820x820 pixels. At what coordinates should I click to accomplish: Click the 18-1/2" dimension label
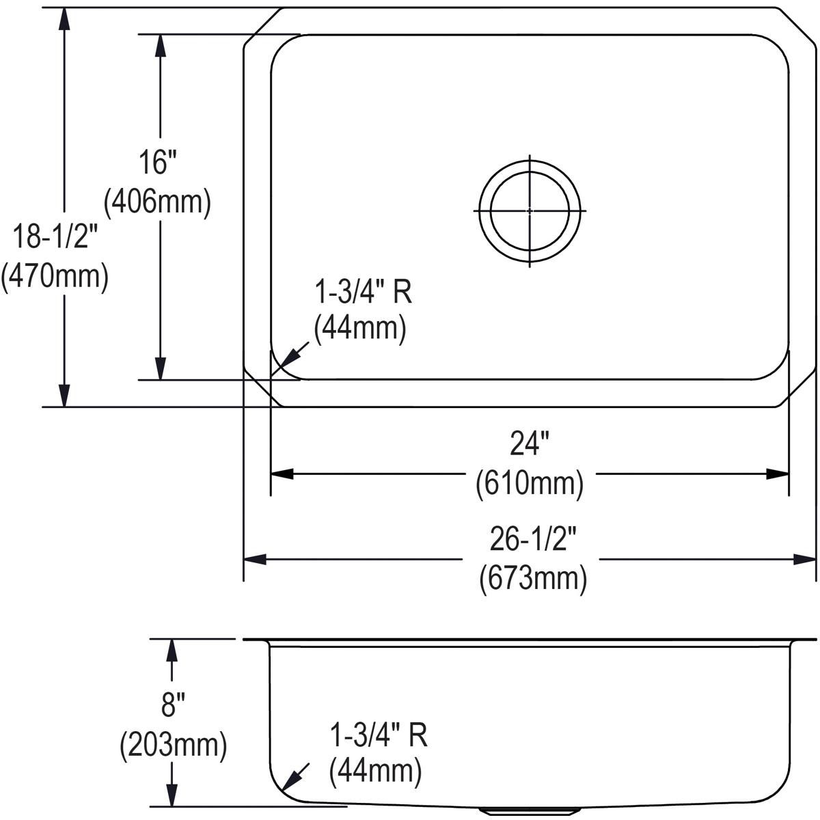(x=55, y=236)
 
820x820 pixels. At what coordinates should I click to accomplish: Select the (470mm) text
(x=55, y=277)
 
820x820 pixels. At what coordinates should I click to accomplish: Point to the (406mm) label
(x=157, y=202)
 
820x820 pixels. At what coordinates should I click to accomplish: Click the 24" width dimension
(x=530, y=443)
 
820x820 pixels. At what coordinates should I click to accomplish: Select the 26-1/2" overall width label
(x=533, y=538)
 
